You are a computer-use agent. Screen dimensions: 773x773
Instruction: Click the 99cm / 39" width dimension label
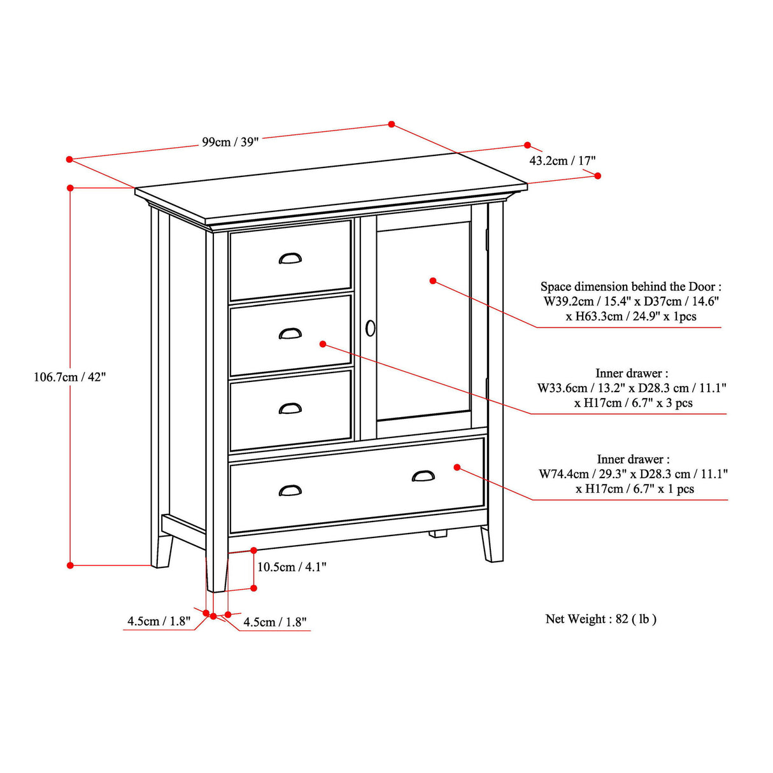[230, 142]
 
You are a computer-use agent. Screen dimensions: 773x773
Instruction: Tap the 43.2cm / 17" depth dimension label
[562, 160]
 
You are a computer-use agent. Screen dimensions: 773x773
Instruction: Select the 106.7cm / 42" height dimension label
[69, 377]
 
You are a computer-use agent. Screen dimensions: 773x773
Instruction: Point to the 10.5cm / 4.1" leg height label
[292, 567]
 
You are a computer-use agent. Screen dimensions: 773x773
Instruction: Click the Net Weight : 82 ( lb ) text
[600, 619]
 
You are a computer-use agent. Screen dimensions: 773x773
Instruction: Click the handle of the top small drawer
[290, 259]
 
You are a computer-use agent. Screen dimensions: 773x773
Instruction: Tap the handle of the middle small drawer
[290, 334]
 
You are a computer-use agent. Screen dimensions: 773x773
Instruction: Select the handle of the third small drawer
[290, 408]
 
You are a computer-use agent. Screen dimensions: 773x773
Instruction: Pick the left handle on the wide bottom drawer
[290, 490]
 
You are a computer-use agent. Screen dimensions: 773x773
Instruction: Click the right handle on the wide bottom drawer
[423, 476]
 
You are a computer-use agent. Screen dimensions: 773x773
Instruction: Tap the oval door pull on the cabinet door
[371, 329]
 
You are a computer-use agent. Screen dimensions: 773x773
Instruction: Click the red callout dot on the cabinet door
[433, 281]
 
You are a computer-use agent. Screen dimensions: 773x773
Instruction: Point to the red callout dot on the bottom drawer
[457, 467]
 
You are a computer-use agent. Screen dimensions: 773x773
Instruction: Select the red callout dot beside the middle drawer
[323, 344]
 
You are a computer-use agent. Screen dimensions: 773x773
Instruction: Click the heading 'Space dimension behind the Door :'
[630, 287]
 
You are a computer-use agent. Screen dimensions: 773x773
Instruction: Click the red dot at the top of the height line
[71, 188]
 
